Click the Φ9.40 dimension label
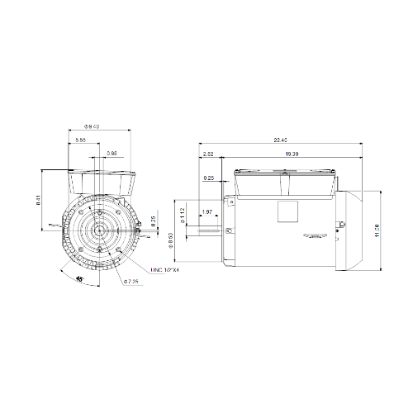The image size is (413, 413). pyautogui.click(x=93, y=126)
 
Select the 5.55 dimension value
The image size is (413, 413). pyautogui.click(x=80, y=142)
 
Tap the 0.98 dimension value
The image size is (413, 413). pyautogui.click(x=112, y=154)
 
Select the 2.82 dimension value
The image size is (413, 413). pyautogui.click(x=207, y=154)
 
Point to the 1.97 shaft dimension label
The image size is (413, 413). pyautogui.click(x=207, y=213)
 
